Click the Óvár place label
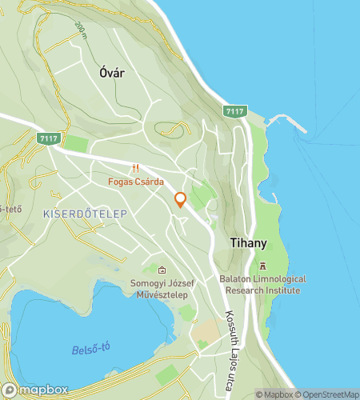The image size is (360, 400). point(113,72)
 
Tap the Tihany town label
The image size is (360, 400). point(247,241)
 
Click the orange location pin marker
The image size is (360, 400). point(181,201)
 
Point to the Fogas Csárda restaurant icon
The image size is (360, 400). point(136,168)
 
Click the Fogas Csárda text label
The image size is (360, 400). point(136,181)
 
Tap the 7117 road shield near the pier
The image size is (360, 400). point(235,110)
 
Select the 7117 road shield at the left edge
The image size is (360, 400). point(48,138)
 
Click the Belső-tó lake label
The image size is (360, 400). point(90,350)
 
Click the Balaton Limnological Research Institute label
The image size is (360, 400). point(260,285)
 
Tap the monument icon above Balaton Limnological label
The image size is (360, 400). point(261,266)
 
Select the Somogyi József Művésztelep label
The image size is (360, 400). point(162,289)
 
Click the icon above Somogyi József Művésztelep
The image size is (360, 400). point(162,270)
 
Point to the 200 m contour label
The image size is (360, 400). point(80,30)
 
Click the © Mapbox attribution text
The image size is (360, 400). point(274,394)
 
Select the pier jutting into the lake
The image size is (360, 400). point(288,120)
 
